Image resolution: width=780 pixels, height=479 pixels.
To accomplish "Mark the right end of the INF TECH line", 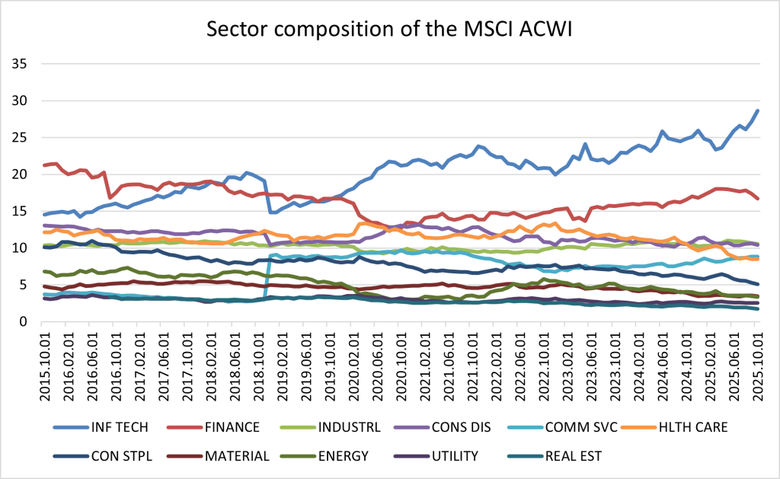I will [x=758, y=110].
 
